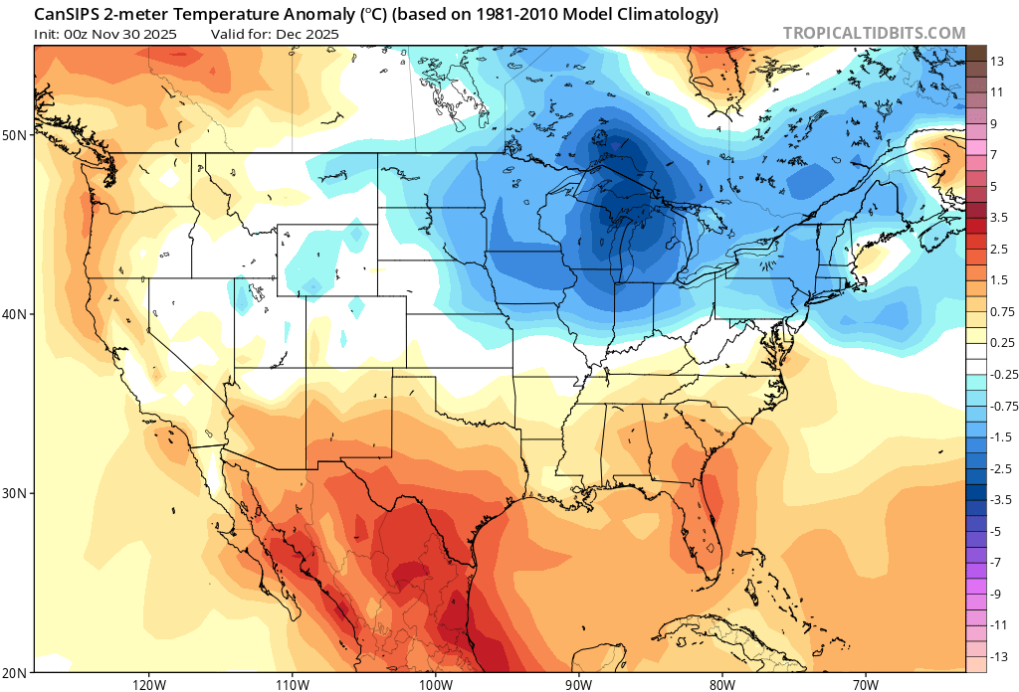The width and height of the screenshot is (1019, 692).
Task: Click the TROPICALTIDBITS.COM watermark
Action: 874,33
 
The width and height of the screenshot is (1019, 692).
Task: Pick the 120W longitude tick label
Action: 148,684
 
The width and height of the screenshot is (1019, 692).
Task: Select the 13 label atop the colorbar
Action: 996,62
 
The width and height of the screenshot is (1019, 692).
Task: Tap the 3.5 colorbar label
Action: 998,217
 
